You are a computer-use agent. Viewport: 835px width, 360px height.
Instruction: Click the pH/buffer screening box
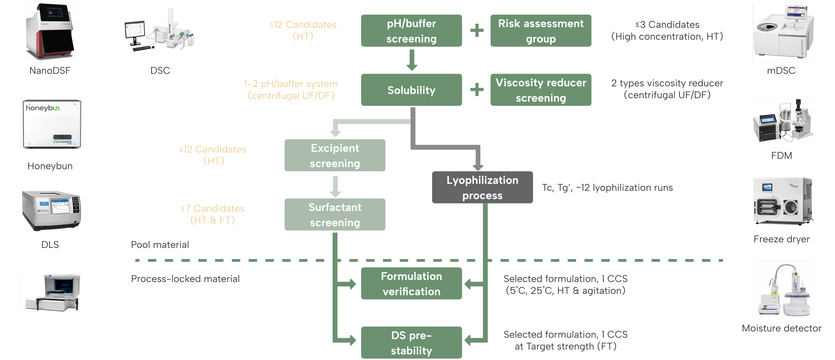click(x=411, y=31)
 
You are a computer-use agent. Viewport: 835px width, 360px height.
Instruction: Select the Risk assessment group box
click(x=541, y=31)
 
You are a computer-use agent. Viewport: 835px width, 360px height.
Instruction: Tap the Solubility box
click(x=411, y=90)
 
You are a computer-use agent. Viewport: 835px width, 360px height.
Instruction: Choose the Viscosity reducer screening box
click(x=541, y=90)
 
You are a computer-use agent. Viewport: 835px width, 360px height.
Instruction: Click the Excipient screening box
click(x=335, y=155)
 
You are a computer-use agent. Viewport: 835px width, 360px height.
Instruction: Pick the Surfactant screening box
click(x=335, y=214)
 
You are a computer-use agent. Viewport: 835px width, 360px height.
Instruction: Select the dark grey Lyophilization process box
click(x=482, y=188)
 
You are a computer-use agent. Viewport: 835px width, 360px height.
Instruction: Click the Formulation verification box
click(x=411, y=283)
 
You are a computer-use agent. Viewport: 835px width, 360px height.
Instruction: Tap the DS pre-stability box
click(x=411, y=343)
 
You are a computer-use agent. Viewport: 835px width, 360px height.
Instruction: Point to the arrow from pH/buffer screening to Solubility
click(x=412, y=60)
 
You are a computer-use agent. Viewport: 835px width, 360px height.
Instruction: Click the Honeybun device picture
click(x=51, y=123)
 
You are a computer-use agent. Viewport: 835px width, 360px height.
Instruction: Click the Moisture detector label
click(x=781, y=328)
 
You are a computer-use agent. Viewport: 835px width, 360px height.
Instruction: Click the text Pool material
click(x=160, y=245)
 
